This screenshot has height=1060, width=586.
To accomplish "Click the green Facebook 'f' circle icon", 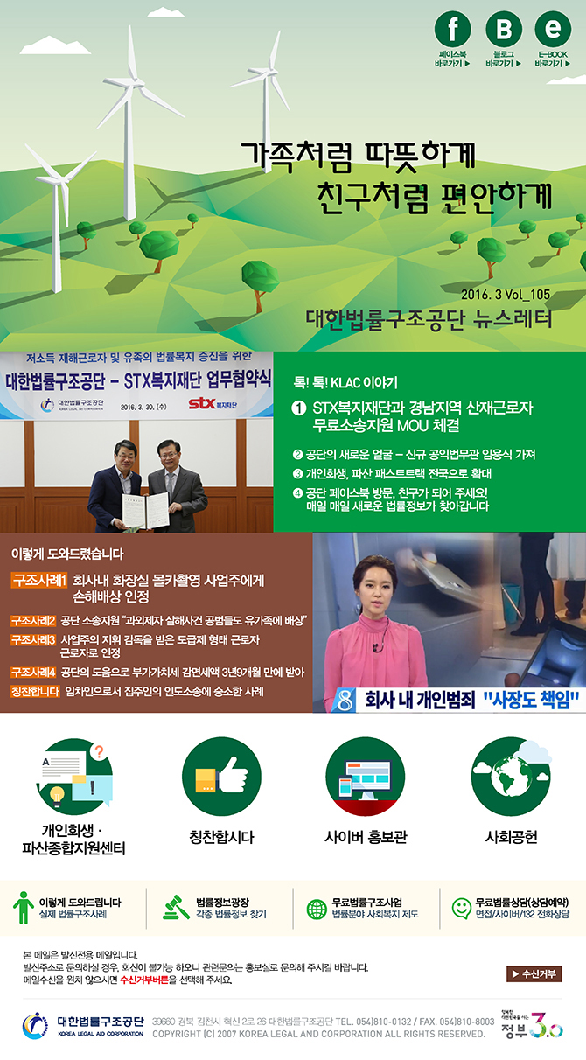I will (x=453, y=31).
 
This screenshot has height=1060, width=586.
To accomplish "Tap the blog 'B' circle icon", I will (x=503, y=31).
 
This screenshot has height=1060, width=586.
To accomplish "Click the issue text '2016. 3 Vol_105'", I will (x=506, y=293).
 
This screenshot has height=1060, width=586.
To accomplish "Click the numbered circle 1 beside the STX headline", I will (x=298, y=408).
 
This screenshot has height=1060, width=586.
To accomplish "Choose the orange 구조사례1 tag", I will (x=39, y=580).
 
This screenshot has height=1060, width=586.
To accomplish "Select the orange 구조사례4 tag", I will (x=34, y=673).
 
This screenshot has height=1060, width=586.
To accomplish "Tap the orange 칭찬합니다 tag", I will (x=34, y=692).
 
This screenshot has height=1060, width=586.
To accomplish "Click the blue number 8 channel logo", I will (x=346, y=699).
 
